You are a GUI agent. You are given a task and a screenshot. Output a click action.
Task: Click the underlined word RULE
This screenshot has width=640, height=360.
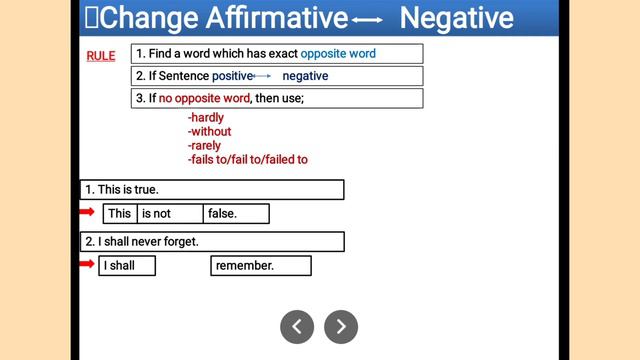tap(101, 56)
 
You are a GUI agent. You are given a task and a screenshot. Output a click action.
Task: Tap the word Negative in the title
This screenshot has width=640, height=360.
tap(456, 17)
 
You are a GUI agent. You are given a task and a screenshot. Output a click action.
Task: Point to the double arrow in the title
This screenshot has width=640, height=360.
tap(367, 19)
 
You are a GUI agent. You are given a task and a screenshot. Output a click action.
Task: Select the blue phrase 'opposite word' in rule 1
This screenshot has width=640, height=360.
tap(338, 53)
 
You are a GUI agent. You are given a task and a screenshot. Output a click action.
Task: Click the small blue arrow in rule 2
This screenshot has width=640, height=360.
tap(262, 76)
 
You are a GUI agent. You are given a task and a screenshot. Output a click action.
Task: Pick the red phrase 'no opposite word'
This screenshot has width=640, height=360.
tap(204, 98)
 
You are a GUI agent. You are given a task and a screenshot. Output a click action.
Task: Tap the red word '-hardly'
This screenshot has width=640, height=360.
tap(206, 118)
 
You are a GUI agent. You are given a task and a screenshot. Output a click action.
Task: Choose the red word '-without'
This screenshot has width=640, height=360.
tap(209, 132)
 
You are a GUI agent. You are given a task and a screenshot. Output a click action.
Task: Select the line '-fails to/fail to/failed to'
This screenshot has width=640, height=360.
tap(247, 160)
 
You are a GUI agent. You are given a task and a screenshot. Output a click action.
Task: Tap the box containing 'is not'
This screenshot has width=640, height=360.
tap(170, 213)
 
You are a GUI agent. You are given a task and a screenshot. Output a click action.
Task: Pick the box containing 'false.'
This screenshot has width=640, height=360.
tap(236, 213)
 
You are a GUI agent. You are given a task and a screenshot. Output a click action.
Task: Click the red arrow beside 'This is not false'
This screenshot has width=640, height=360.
tap(87, 212)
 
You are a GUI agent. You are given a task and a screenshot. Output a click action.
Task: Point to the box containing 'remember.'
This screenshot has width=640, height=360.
tap(260, 265)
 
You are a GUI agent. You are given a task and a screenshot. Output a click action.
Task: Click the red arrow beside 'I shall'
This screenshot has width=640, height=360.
tap(87, 264)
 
